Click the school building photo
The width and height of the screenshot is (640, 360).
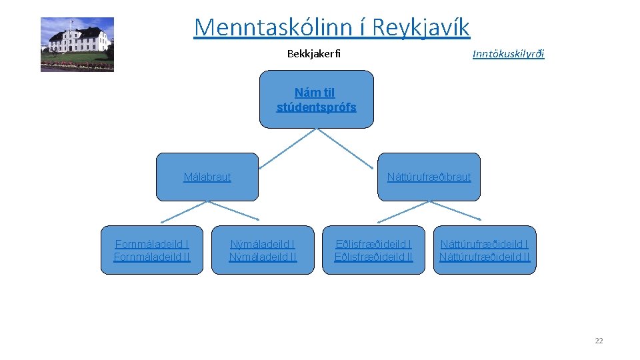(77, 45)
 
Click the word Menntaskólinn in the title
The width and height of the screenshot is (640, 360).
(270, 27)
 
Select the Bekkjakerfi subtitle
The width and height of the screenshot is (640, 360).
(313, 54)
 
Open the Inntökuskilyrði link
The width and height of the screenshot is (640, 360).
(508, 54)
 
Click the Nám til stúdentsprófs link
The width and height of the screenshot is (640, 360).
(316, 100)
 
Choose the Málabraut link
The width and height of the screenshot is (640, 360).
(207, 177)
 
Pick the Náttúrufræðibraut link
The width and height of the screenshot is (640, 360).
(429, 177)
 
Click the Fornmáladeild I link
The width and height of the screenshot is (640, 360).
(152, 244)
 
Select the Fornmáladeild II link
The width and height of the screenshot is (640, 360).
(152, 257)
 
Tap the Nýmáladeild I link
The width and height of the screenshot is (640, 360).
(263, 244)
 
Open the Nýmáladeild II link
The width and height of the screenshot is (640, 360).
(263, 257)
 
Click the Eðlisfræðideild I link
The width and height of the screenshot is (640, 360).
(373, 244)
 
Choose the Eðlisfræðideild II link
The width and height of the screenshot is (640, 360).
(373, 257)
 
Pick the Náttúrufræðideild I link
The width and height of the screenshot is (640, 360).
(485, 244)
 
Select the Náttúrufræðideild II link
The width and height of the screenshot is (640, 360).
(485, 257)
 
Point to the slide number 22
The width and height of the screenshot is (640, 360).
(599, 341)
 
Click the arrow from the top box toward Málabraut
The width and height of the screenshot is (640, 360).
(287, 148)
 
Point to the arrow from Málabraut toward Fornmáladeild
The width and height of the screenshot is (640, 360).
(183, 212)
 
